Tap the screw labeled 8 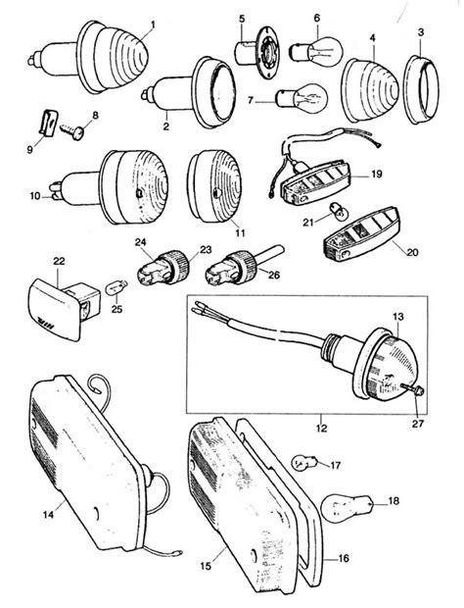(73, 130)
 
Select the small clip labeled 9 (48, 123)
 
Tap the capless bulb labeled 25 (116, 288)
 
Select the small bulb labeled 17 (304, 463)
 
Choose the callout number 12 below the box (321, 429)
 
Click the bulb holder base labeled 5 (257, 52)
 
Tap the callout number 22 (59, 261)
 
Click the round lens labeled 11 (214, 186)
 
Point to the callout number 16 (344, 558)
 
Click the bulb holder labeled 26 (240, 267)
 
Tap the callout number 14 (48, 515)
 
